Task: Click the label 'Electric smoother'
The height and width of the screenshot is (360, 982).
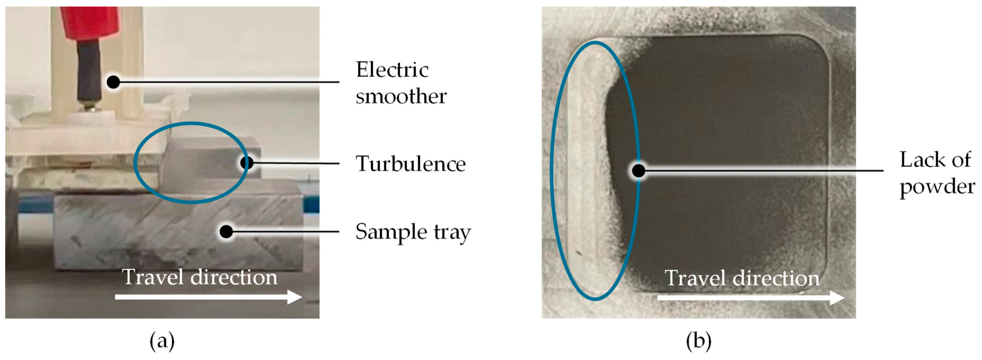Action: click(400, 83)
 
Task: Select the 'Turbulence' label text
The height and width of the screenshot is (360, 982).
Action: click(410, 164)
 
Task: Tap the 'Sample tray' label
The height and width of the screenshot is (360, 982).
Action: click(413, 232)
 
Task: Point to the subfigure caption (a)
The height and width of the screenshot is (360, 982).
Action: click(162, 341)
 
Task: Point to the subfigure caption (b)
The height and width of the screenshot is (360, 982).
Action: click(698, 341)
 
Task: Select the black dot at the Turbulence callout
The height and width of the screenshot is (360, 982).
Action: click(247, 163)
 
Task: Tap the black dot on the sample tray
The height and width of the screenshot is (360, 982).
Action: click(226, 231)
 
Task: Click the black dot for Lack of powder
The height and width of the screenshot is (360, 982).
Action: click(638, 170)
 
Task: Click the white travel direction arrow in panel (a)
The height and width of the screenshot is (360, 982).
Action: click(208, 297)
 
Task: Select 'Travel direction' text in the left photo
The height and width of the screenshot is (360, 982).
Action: click(199, 277)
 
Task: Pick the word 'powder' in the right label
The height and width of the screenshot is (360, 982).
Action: click(937, 187)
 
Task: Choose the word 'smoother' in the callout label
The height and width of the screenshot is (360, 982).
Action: click(401, 96)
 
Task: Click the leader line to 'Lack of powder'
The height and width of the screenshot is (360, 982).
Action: click(762, 170)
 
